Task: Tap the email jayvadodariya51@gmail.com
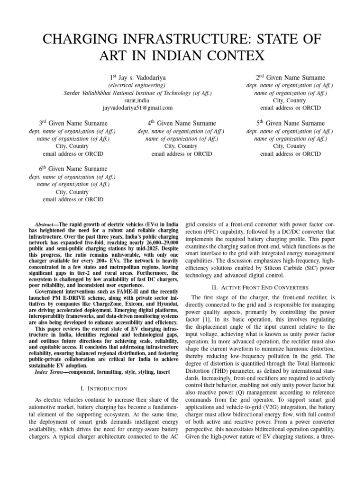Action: (x=138, y=108)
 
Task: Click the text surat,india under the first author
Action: (x=137, y=101)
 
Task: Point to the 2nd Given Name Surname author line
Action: (x=290, y=77)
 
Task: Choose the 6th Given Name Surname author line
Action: (x=73, y=169)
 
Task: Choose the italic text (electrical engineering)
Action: (x=137, y=85)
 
